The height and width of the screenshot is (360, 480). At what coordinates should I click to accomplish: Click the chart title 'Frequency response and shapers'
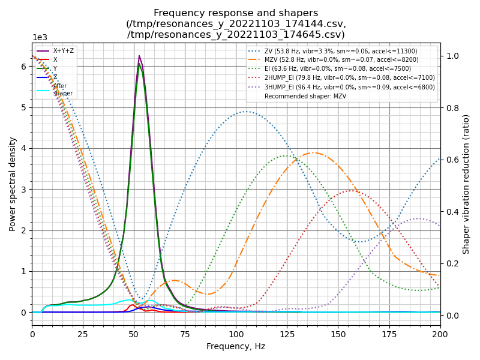(x=236, y=13)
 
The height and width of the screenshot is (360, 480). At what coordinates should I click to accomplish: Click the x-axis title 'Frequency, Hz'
(x=236, y=346)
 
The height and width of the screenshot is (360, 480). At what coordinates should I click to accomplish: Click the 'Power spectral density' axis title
(x=13, y=184)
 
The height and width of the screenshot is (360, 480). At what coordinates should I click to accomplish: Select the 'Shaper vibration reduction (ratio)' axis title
(x=466, y=184)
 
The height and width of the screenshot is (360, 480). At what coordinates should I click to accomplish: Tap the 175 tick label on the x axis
(x=389, y=334)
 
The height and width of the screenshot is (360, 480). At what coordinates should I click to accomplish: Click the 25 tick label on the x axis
(x=83, y=334)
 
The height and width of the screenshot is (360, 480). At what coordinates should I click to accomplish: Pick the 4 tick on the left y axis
(x=25, y=149)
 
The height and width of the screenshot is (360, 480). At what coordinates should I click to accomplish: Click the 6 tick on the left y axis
(x=25, y=67)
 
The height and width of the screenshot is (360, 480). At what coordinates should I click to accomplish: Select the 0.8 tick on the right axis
(x=449, y=108)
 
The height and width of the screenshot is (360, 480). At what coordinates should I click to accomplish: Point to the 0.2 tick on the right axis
(x=449, y=263)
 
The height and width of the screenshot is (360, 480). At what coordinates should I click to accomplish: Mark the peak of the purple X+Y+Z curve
(x=139, y=56)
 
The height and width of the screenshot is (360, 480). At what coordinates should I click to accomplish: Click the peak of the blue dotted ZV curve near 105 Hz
(x=247, y=111)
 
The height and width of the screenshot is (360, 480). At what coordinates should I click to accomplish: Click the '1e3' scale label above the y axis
(x=40, y=37)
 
